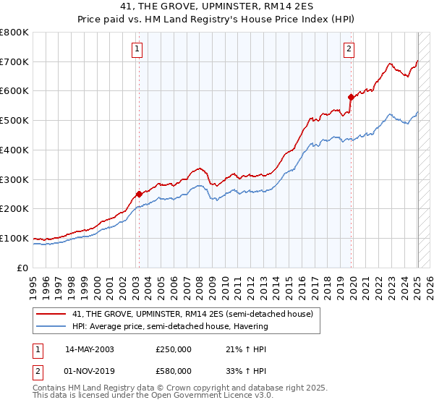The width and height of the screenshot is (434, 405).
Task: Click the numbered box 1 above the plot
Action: pyautogui.click(x=137, y=49)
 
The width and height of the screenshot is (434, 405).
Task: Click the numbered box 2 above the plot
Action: pyautogui.click(x=349, y=49)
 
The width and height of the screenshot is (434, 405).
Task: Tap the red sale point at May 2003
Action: pyautogui.click(x=139, y=194)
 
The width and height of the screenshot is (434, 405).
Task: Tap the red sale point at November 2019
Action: pyautogui.click(x=351, y=96)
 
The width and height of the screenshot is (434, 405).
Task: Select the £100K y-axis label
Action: pyautogui.click(x=15, y=238)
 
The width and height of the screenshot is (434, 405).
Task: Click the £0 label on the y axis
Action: pyautogui.click(x=23, y=268)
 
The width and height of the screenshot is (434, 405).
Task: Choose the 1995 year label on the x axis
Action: pyautogui.click(x=33, y=283)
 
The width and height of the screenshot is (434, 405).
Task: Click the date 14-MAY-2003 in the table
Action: pyautogui.click(x=90, y=349)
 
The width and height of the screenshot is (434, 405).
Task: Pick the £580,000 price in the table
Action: pyautogui.click(x=174, y=370)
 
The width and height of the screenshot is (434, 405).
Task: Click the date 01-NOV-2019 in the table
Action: pyautogui.click(x=90, y=370)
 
